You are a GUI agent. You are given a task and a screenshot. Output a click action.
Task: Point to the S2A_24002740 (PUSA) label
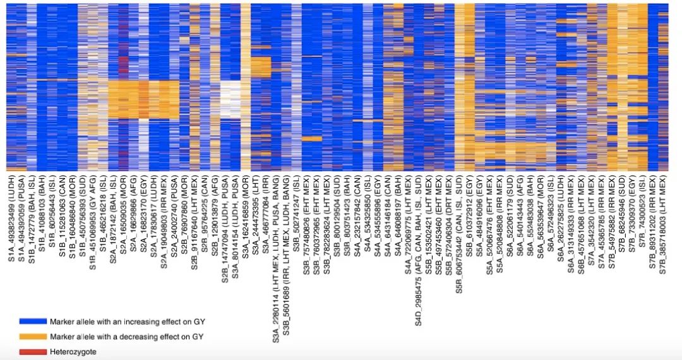tap(174, 212)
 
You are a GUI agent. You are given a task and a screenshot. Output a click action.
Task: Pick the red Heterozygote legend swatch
tap(33, 351)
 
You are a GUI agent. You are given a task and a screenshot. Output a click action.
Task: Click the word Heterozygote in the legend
tap(73, 351)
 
